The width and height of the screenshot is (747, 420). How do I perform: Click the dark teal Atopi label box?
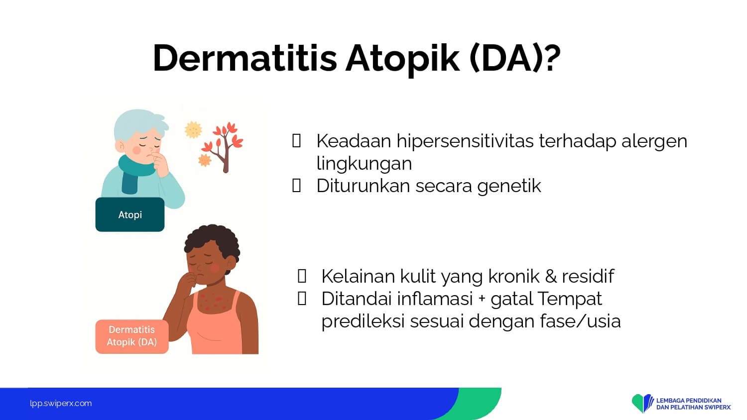click(129, 214)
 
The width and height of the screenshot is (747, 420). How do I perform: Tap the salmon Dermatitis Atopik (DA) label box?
click(132, 336)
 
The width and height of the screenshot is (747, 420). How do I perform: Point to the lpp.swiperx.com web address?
click(61, 404)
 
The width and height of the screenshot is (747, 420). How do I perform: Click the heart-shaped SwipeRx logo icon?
click(642, 403)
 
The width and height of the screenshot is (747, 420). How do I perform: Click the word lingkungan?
click(364, 164)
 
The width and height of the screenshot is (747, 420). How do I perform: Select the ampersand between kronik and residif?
click(551, 276)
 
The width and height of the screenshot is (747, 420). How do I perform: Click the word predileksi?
click(363, 321)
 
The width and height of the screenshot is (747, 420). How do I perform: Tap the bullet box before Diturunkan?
click(296, 186)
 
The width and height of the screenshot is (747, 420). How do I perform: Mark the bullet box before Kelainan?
click(302, 276)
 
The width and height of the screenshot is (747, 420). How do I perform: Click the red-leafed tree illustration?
click(223, 147)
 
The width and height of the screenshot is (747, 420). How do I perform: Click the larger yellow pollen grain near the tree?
click(193, 130)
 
